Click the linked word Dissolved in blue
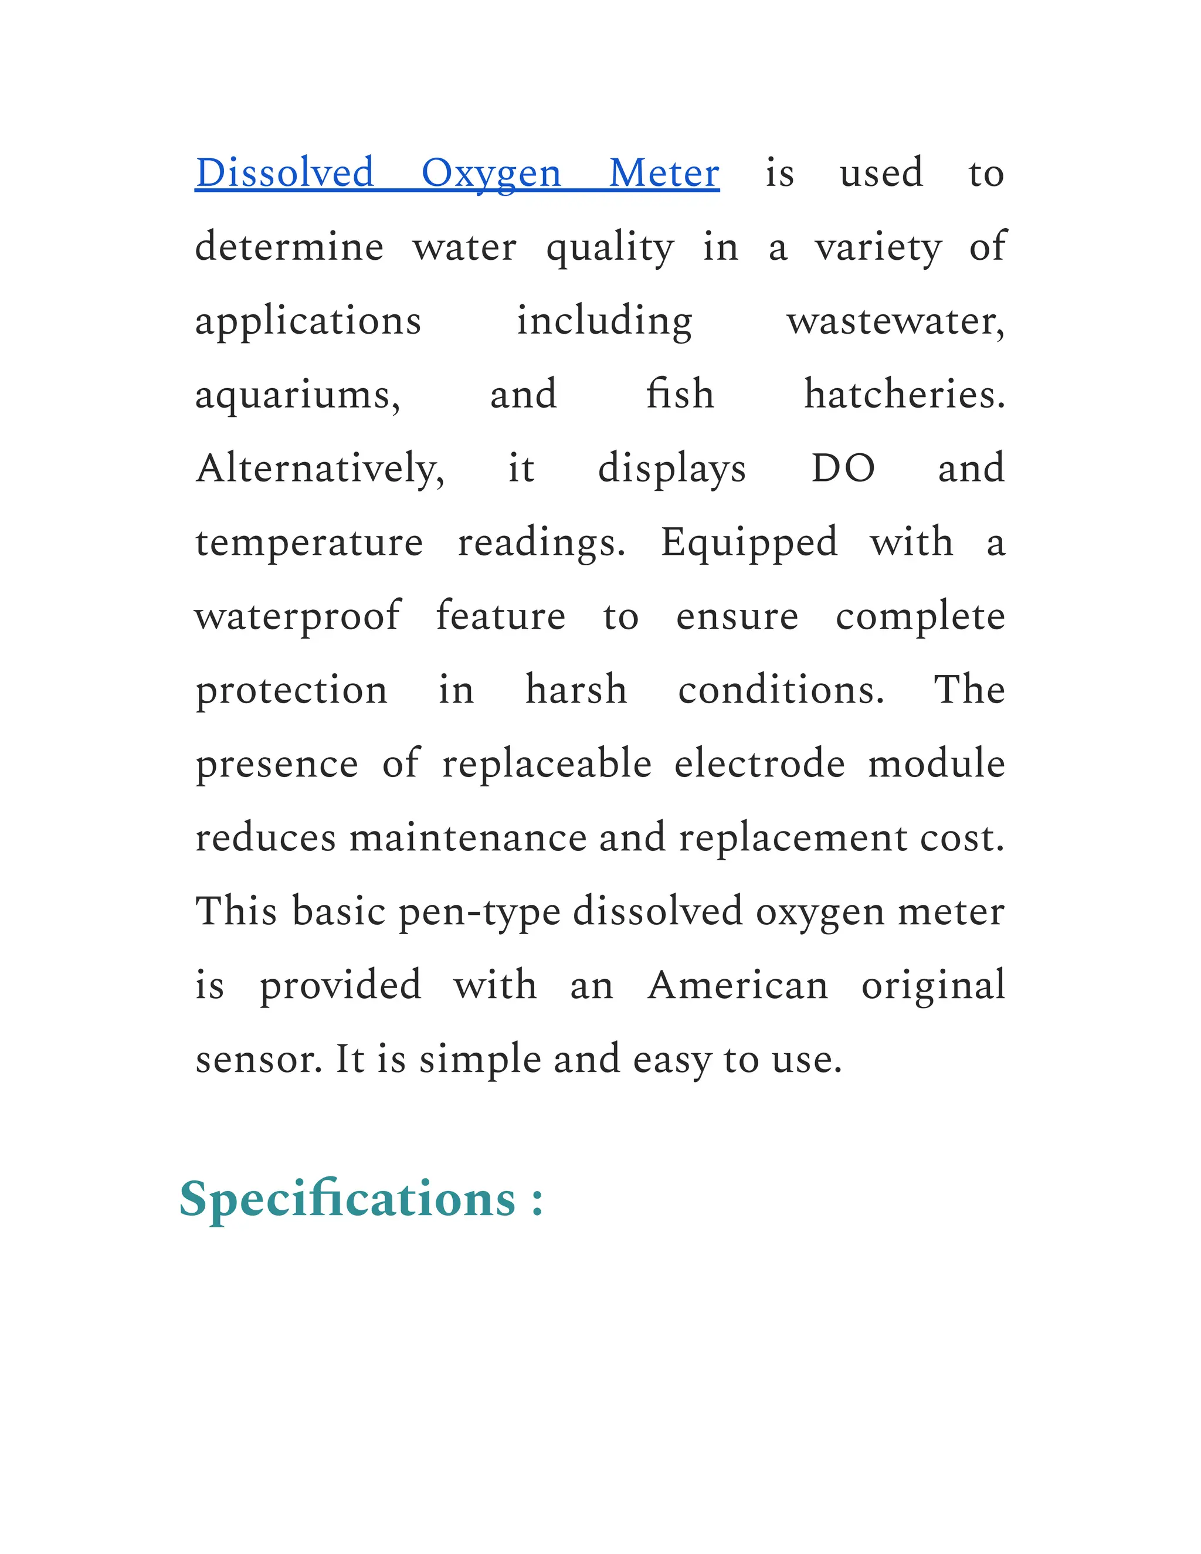284,173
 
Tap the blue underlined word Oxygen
491,174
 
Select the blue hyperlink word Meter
664,173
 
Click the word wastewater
895,321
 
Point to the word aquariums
297,396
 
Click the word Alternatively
320,469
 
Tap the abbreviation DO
843,469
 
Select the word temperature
309,544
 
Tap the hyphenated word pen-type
479,913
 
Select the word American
738,986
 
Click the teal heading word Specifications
347,1200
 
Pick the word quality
609,248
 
